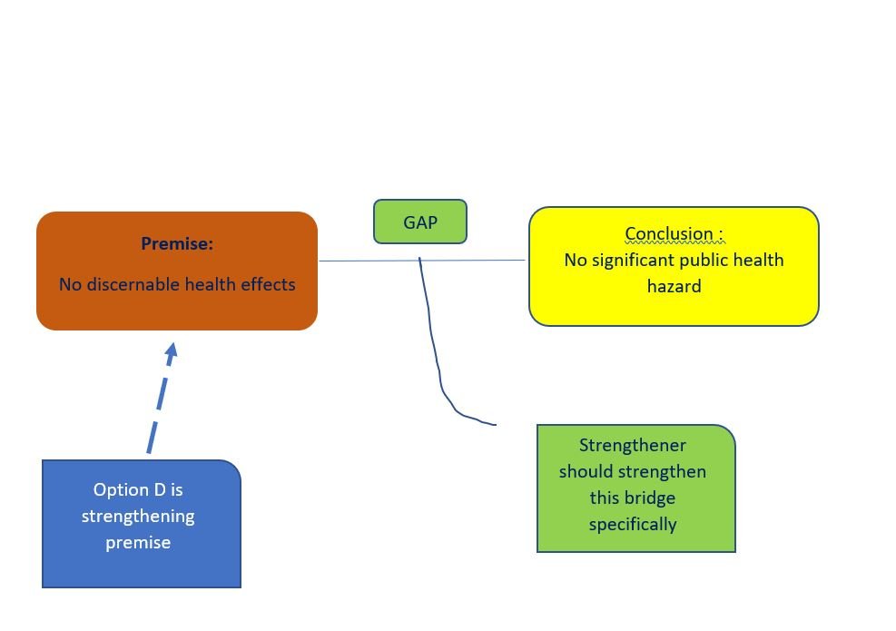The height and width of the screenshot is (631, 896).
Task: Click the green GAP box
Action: click(x=420, y=222)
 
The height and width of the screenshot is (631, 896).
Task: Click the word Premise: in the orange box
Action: click(x=177, y=243)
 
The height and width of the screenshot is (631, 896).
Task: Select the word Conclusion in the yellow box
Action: click(x=669, y=233)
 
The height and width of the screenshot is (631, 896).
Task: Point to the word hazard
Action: click(x=674, y=286)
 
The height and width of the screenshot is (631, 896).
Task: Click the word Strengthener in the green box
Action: click(x=633, y=445)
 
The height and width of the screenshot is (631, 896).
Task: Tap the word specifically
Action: click(x=633, y=524)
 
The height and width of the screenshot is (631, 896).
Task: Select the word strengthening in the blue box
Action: click(x=138, y=516)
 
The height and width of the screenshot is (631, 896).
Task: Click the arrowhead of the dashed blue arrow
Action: click(x=170, y=350)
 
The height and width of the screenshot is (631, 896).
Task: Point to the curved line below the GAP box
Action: click(x=438, y=363)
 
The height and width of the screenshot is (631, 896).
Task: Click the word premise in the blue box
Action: click(x=138, y=542)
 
